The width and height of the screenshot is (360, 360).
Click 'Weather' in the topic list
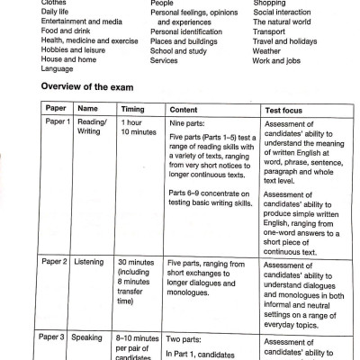[270, 52]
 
